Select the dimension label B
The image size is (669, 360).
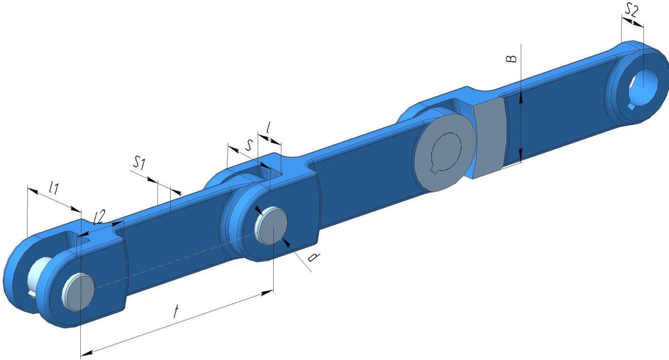[511, 59]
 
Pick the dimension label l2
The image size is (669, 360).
[99, 217]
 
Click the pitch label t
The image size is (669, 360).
[177, 312]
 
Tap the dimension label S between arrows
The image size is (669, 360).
[249, 145]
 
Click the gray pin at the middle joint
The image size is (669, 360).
[271, 226]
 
